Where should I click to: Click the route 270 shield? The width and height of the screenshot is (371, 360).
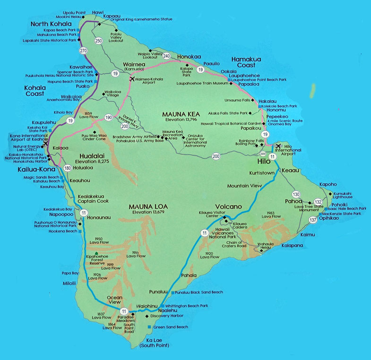point(84,50)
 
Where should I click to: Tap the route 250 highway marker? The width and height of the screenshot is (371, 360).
point(98,41)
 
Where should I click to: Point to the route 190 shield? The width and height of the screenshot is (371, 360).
point(108,117)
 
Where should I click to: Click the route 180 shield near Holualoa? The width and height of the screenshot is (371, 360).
point(68,168)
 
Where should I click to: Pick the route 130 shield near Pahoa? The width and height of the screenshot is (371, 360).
point(296,194)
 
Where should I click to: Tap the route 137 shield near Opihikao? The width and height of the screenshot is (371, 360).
point(313,220)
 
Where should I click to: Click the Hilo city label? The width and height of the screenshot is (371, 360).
point(263,162)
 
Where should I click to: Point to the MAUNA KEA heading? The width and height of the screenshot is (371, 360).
point(181,114)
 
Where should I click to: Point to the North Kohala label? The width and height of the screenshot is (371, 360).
point(51,24)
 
